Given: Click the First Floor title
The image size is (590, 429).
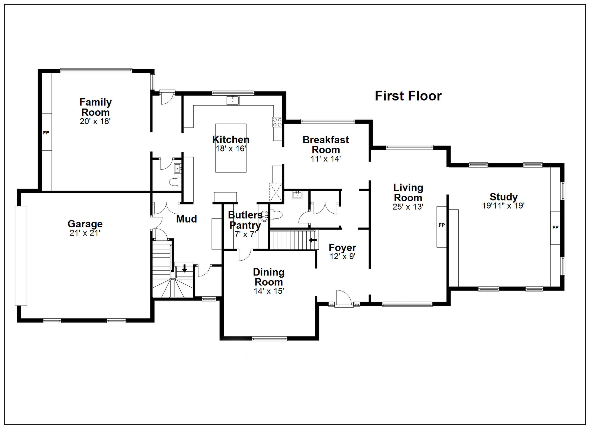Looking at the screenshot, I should tap(408, 96).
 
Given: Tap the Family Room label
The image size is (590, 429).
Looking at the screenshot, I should tap(95, 107).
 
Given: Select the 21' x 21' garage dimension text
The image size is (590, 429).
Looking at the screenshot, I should tap(85, 233).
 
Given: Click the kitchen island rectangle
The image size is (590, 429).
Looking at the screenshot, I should tap(231, 148).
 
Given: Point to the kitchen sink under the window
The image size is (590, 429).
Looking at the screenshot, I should tap(233, 100).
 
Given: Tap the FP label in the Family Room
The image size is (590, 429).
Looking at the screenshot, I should tap(46, 133).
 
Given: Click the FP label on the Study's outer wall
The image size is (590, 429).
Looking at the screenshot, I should tap(555, 227).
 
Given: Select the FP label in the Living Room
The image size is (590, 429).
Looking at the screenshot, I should tap(442, 225).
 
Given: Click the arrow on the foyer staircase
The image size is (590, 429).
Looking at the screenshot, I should tap(313, 240).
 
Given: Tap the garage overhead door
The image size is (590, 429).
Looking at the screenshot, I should tap(21, 256).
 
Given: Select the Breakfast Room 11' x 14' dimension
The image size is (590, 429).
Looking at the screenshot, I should tap(325, 159).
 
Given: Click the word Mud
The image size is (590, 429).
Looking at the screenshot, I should tap(186, 219).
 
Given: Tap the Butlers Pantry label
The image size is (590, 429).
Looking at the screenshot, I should tap(245, 220).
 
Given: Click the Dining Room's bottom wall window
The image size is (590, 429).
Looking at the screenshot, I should tap(269, 339).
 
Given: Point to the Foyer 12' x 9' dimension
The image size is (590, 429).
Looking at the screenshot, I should tap(342, 256).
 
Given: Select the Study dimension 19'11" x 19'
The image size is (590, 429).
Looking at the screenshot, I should tap(503, 206).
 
